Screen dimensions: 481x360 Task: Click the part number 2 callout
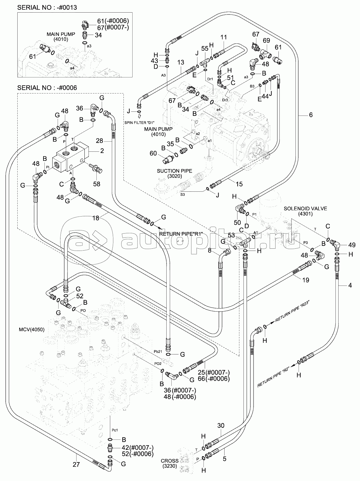102,151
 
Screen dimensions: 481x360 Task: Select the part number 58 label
96,184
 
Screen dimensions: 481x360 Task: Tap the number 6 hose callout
311,115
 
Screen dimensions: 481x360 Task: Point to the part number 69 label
266,40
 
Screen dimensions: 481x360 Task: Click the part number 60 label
153,153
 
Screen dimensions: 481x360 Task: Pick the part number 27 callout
77,464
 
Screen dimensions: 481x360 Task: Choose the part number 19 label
306,280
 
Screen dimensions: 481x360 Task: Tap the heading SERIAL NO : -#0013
47,7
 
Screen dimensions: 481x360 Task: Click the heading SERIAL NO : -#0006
47,88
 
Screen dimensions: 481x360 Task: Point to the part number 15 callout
239,184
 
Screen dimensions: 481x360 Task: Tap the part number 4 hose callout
350,286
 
